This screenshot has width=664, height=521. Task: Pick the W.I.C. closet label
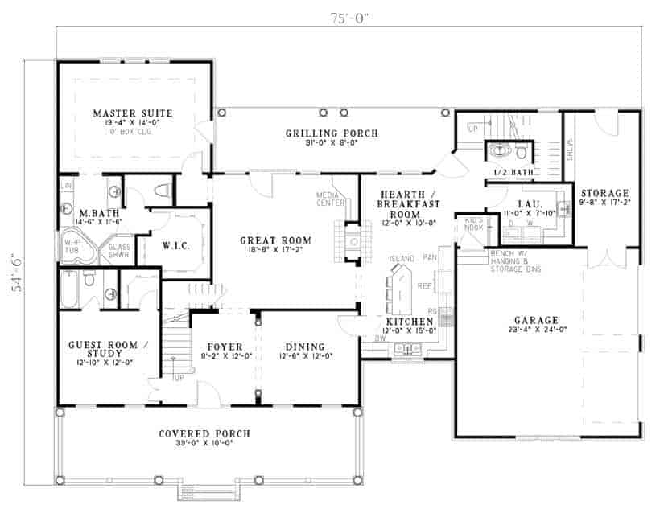[175, 244]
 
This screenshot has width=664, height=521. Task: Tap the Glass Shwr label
[120, 250]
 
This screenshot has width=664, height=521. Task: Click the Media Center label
[332, 198]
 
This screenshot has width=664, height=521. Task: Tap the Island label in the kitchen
[402, 258]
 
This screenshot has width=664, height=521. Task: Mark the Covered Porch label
[204, 434]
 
